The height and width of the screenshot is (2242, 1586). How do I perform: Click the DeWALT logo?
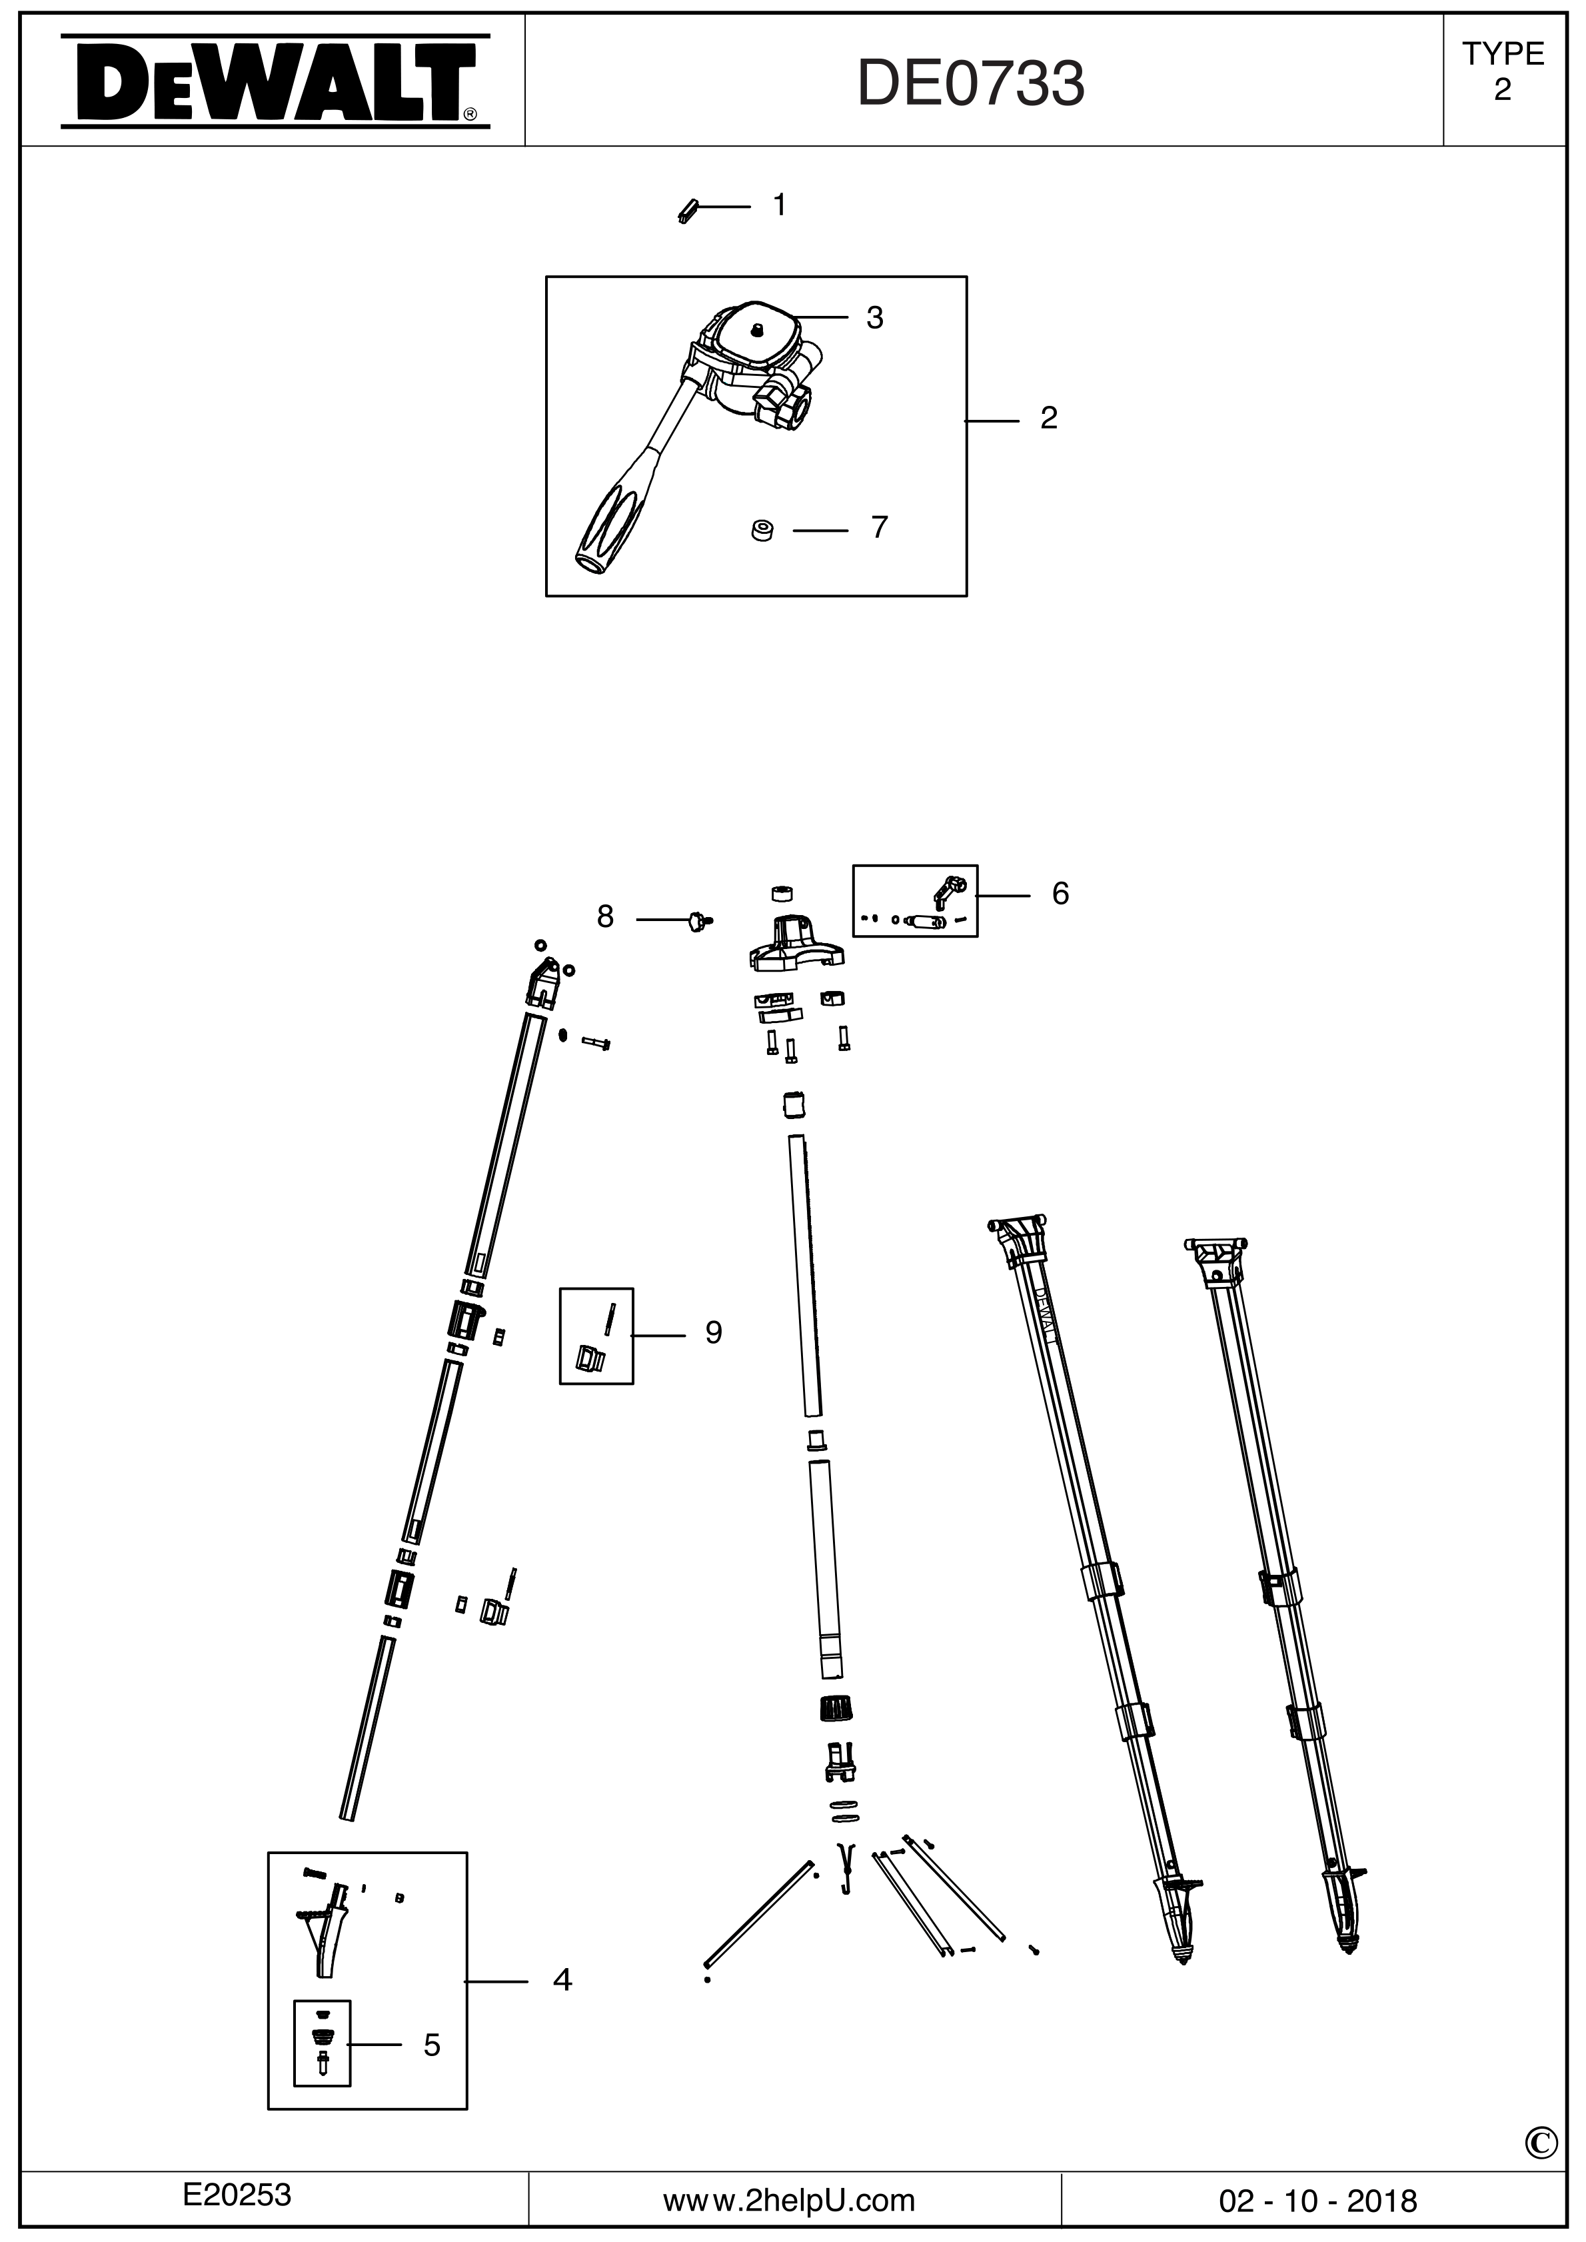(275, 82)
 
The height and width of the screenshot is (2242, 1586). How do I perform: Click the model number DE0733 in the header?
(971, 84)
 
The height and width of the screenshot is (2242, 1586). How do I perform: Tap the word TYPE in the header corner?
(1502, 54)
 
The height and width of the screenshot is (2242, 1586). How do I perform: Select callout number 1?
(779, 205)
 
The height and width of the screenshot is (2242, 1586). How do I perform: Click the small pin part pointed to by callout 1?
(688, 210)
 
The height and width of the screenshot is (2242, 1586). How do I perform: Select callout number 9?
(713, 1333)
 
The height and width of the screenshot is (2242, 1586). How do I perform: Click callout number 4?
(562, 1979)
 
